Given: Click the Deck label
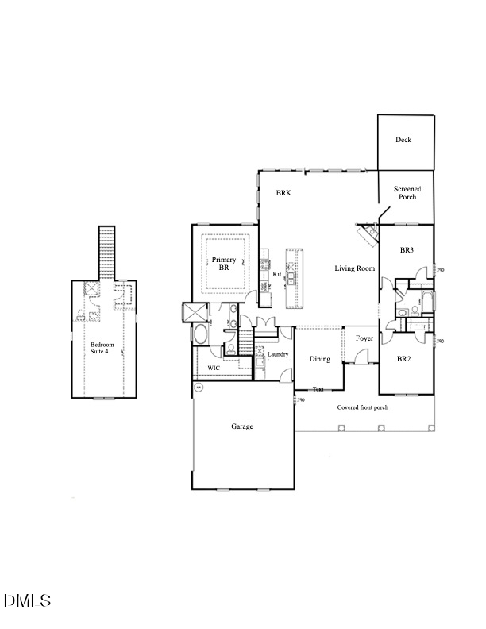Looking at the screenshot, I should click(x=403, y=140).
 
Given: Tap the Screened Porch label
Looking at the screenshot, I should click(x=408, y=192).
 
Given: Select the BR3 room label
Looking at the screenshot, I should click(x=407, y=250).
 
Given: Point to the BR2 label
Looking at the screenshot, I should click(x=404, y=359).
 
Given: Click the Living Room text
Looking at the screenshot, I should click(x=354, y=268).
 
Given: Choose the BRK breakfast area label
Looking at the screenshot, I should click(x=283, y=193).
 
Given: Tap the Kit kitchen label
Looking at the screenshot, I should click(x=277, y=274).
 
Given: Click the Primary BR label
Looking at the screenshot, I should click(x=224, y=264).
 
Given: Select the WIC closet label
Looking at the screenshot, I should click(x=214, y=369).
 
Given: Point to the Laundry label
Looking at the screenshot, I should click(x=277, y=354).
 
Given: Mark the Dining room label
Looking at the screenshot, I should click(x=320, y=359).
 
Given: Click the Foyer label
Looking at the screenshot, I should click(x=364, y=338).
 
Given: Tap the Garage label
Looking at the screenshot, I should click(x=242, y=426).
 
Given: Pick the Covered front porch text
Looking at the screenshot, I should click(x=362, y=407).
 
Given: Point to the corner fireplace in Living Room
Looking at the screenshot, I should click(x=368, y=234).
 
